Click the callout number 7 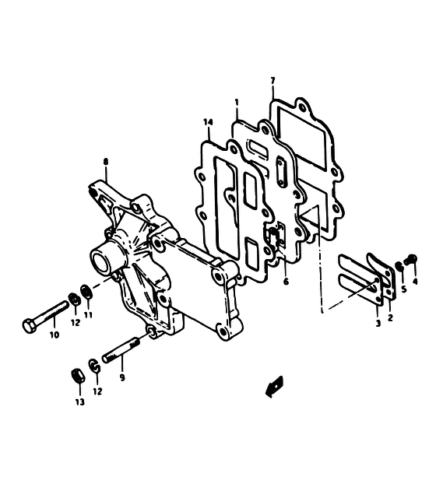pos(272,81)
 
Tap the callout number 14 pos(208,122)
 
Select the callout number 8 pos(106,162)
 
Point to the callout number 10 pos(54,335)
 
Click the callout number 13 pos(80,402)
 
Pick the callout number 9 pos(122,377)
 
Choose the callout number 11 pos(88,315)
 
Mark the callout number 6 pos(286,282)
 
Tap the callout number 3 pos(378,324)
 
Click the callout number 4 pos(415,282)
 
